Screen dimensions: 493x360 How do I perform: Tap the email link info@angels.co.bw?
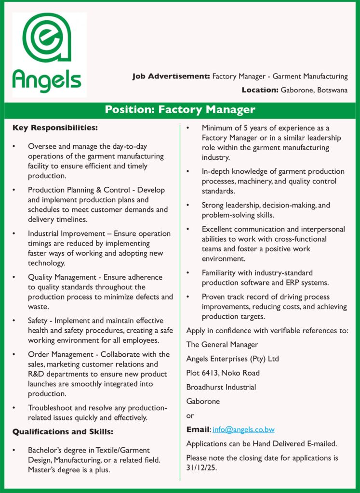click(x=243, y=429)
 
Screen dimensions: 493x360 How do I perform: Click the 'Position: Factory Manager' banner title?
click(x=180, y=109)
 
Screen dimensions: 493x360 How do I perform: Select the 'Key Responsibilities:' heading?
click(x=55, y=128)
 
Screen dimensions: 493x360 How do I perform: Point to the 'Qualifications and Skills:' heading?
click(x=63, y=431)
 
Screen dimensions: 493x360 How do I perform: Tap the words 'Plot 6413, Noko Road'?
click(x=223, y=373)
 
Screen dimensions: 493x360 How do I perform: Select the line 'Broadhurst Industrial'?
click(x=221, y=387)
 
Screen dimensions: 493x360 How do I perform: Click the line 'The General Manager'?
click(x=222, y=344)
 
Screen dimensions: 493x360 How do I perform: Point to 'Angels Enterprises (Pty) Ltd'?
click(x=232, y=359)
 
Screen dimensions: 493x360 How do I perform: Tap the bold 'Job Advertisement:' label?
click(x=171, y=76)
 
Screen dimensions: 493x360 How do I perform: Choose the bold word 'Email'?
click(x=198, y=429)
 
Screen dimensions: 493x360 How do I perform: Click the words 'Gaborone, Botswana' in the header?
click(x=314, y=90)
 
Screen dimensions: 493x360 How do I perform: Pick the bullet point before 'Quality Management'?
click(x=15, y=277)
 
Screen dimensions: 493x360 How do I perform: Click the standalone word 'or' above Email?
click(x=190, y=415)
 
